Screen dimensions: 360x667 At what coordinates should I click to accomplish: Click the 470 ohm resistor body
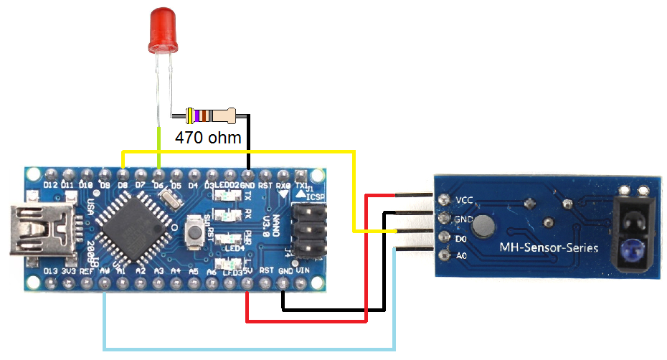coord(210,115)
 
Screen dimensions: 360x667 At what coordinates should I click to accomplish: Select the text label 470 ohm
coord(209,137)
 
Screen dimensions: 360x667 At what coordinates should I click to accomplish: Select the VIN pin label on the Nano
coord(303,270)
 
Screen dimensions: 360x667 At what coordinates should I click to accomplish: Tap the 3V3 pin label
coord(69,271)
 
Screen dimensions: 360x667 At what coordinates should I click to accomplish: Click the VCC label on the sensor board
coord(465,200)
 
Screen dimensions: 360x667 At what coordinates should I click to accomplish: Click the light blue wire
coord(244,349)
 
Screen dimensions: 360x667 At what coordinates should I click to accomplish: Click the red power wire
coord(308,320)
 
